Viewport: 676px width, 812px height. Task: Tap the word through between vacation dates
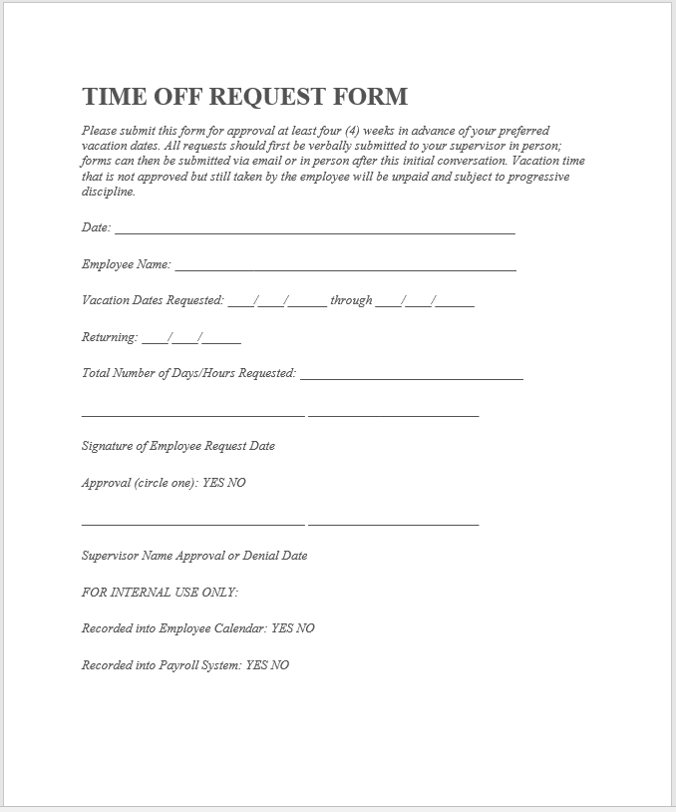[351, 300]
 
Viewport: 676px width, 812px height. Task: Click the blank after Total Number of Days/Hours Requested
[411, 376]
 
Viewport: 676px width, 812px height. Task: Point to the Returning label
[109, 337]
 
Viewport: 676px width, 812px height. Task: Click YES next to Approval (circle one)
[213, 483]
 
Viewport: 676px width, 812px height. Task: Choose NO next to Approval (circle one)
[236, 483]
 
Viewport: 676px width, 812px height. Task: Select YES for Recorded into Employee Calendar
[282, 628]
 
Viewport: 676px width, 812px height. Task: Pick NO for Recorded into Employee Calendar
[305, 628]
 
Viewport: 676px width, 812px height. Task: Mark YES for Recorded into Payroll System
[256, 665]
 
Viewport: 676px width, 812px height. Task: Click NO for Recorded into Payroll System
[280, 665]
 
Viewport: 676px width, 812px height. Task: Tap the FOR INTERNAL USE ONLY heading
[160, 593]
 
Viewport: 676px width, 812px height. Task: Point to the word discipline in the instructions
[108, 192]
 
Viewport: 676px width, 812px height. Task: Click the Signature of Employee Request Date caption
[177, 446]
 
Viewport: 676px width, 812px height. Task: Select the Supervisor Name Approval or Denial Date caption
[194, 556]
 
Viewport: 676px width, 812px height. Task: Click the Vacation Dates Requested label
[153, 300]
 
